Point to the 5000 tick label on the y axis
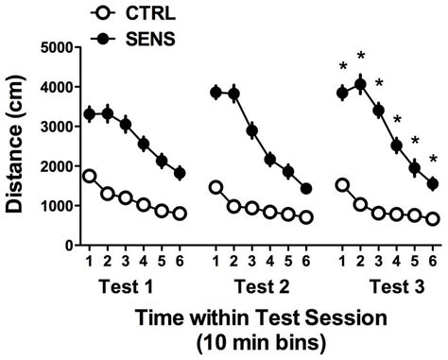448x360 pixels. (58, 46)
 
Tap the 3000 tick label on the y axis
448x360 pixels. (58, 126)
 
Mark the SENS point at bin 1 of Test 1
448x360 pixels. (89, 113)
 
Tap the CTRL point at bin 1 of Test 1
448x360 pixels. (89, 176)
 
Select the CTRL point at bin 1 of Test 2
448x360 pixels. (215, 187)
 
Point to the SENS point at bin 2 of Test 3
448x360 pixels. (360, 85)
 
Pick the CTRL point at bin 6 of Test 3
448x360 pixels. (433, 218)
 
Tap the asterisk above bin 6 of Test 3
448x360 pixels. (433, 159)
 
